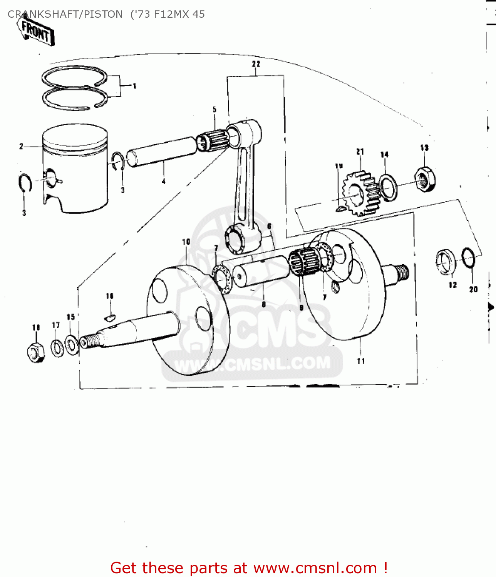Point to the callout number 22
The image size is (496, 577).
[256, 64]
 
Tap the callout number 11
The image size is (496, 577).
[361, 361]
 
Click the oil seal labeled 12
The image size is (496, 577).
[446, 262]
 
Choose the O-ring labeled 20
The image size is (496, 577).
[468, 257]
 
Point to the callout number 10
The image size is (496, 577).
[186, 242]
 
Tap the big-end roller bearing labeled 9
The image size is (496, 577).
[304, 262]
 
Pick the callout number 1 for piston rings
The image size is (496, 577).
[134, 86]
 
